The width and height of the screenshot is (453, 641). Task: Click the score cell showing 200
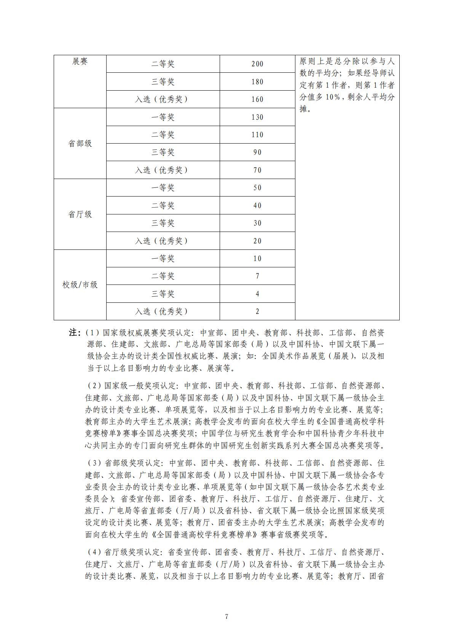pyautogui.click(x=257, y=64)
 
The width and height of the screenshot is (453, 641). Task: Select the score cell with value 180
pyautogui.click(x=257, y=82)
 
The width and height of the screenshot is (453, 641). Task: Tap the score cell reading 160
pyautogui.click(x=257, y=99)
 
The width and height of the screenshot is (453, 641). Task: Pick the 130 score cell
pyautogui.click(x=257, y=117)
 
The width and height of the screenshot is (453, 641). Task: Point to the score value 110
pyautogui.click(x=257, y=135)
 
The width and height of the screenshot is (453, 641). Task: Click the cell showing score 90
pyautogui.click(x=257, y=152)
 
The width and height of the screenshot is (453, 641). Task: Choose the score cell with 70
pyautogui.click(x=257, y=170)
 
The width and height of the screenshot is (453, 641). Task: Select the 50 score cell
pyautogui.click(x=257, y=188)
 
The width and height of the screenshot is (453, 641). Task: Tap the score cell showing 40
pyautogui.click(x=257, y=206)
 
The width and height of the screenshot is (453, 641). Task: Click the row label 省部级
pyautogui.click(x=80, y=144)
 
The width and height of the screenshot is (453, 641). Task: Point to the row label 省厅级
pyautogui.click(x=80, y=214)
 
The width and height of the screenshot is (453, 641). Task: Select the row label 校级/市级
pyautogui.click(x=80, y=285)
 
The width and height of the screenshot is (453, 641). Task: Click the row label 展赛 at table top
pyautogui.click(x=80, y=61)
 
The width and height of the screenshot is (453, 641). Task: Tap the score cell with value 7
pyautogui.click(x=257, y=276)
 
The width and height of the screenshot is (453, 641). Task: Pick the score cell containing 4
pyautogui.click(x=257, y=294)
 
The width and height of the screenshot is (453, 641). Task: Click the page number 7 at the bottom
pyautogui.click(x=226, y=617)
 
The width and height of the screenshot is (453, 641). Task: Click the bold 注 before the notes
pyautogui.click(x=74, y=333)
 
